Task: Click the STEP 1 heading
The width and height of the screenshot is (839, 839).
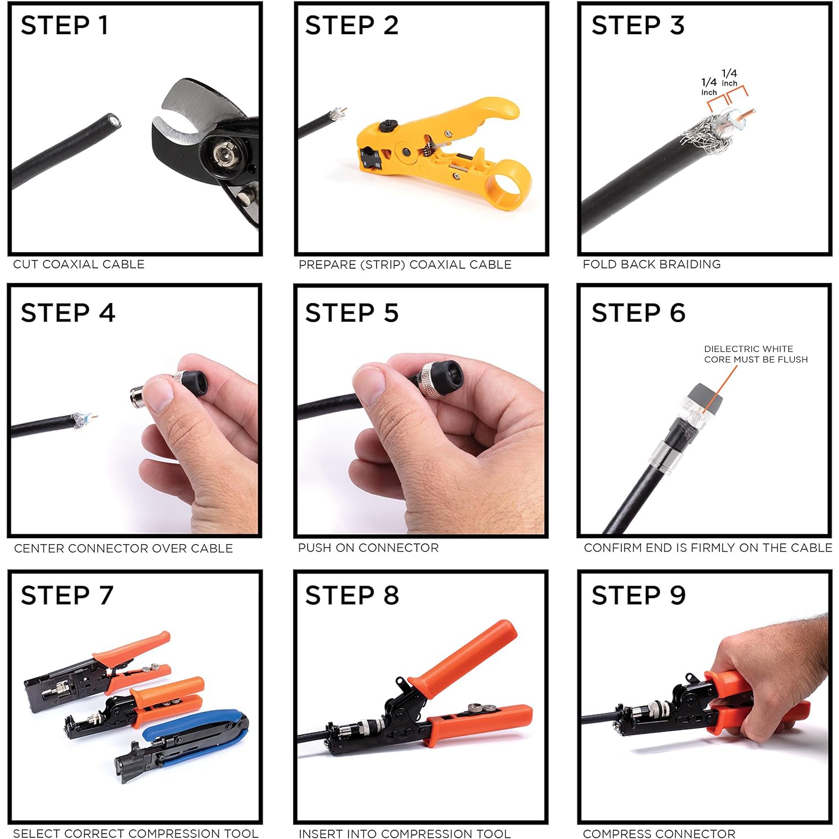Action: pos(64,26)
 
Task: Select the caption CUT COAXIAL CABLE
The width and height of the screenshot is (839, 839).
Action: pos(79,264)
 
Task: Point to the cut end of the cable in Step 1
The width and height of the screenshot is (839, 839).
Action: pos(114,120)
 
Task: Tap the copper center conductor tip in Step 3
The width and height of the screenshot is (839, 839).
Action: pos(751,112)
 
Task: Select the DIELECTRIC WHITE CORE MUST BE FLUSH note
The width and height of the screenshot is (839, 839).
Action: pos(755,354)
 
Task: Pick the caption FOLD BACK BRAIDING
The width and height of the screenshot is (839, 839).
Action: pos(651,264)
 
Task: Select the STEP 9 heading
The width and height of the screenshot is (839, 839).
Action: pos(638,595)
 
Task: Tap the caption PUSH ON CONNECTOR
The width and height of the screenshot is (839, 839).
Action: pos(368,548)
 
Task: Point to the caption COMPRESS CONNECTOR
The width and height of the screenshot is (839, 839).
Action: pos(659,833)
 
